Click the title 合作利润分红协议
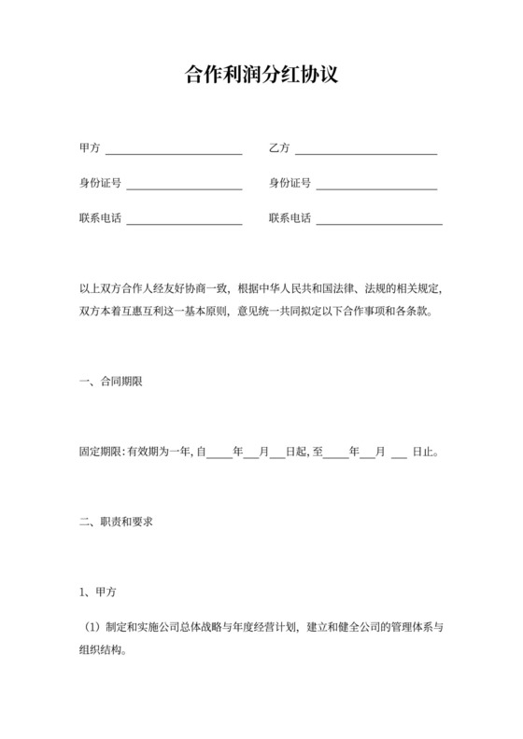(x=261, y=76)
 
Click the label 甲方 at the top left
(x=91, y=148)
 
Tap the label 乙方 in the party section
(x=279, y=148)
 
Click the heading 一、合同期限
(x=111, y=383)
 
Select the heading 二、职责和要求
(x=117, y=521)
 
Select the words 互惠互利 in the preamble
(x=146, y=312)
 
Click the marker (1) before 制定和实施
(x=92, y=627)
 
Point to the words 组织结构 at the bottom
(x=101, y=652)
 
